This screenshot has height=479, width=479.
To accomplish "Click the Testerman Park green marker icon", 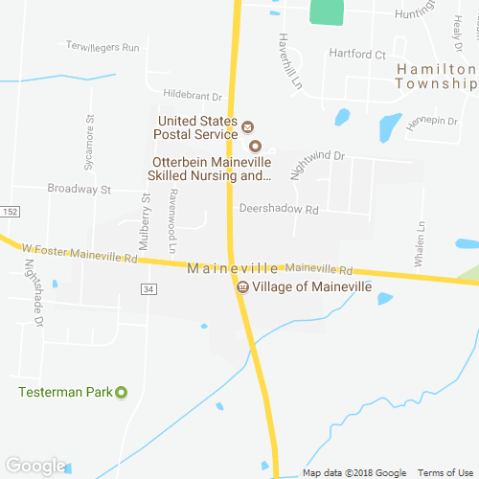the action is coord(122,392).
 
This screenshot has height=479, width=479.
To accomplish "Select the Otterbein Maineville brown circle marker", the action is coord(255,147).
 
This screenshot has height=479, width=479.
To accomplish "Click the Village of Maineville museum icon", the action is coord(243,286).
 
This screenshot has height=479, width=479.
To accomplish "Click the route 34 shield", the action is coord(147,288).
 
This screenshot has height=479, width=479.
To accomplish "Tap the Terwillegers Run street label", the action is coord(103,46).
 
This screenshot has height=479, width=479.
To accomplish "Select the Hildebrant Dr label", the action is coord(193,96).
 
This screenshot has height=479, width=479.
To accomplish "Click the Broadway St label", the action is coord(80,190).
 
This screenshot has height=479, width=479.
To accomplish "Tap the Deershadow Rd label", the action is coord(278,208).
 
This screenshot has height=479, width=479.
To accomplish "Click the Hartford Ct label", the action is coord(357,55).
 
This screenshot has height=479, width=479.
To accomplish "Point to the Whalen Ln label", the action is coord(420,243).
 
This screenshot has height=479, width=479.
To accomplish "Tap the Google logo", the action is coord(34,466).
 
